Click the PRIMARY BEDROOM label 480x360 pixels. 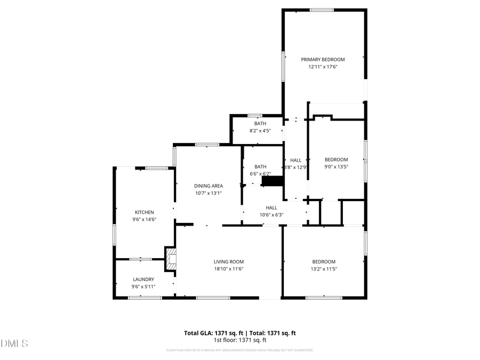[323, 60]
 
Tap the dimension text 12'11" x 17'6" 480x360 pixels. [323, 67]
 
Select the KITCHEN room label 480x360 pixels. [144, 212]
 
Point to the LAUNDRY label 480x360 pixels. [143, 279]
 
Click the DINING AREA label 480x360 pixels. [207, 186]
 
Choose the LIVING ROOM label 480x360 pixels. [229, 262]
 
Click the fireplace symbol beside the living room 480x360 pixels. [171, 260]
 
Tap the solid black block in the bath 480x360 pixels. [272, 181]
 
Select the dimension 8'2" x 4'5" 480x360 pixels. [260, 131]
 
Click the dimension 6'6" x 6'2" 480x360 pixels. [260, 174]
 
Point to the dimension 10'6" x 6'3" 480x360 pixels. [271, 215]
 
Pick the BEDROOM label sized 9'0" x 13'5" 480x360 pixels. [337, 160]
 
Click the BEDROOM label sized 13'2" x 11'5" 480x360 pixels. [324, 262]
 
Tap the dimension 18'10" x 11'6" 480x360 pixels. [229, 269]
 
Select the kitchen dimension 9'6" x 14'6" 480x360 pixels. [144, 220]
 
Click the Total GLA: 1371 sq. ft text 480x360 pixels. [213, 333]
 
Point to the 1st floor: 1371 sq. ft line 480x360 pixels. [240, 340]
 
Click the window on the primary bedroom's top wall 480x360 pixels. [322, 10]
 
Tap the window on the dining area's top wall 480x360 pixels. [207, 145]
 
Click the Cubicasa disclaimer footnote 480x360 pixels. [240, 350]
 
